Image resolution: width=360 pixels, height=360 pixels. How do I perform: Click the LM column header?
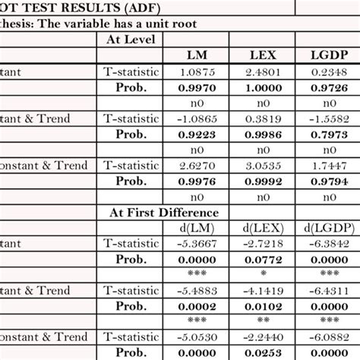pos(202,55)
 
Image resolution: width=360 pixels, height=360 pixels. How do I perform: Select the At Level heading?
pos(131,39)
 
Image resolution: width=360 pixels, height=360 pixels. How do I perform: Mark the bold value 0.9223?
pos(202,134)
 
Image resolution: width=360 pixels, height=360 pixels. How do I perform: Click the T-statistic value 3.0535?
pos(266,166)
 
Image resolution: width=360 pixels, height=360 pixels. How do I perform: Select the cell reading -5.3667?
pos(202,244)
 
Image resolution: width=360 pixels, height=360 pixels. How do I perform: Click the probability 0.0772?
pos(266,259)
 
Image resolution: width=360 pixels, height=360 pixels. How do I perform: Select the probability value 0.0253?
pos(266,352)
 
